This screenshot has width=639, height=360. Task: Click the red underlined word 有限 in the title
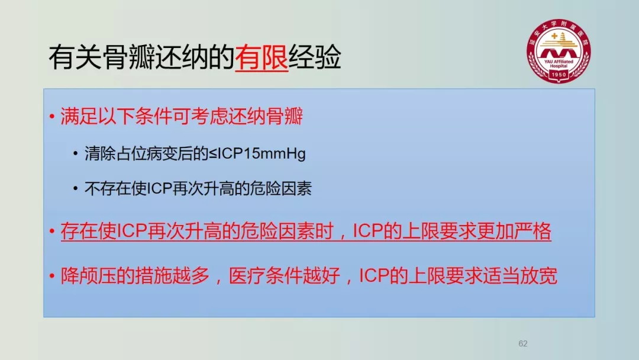(262, 57)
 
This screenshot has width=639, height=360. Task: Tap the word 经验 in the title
(315, 57)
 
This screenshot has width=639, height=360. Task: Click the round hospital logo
(559, 51)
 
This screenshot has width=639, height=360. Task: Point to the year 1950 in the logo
(559, 75)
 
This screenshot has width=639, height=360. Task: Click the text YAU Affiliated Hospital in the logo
(559, 63)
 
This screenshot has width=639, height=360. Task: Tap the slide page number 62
(523, 343)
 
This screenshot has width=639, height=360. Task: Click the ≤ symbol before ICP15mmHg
(213, 154)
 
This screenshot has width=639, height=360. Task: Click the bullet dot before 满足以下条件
(51, 117)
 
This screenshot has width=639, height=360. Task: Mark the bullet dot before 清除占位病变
(75, 154)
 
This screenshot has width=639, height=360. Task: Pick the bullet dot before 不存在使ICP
(75, 188)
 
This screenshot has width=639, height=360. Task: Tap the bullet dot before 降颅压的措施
(51, 276)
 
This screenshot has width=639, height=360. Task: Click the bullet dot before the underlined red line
(51, 232)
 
